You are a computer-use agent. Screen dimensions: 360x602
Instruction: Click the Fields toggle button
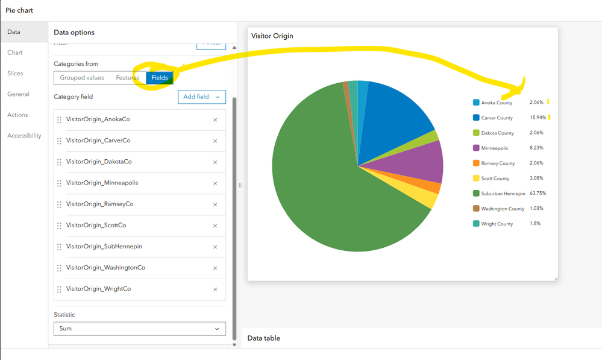click(160, 78)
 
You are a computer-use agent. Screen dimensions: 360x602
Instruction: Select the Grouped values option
click(82, 78)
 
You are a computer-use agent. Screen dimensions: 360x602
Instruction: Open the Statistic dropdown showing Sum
click(140, 329)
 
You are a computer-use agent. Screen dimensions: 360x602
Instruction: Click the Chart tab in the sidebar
click(15, 52)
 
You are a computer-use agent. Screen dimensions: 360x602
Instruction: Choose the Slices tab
click(15, 74)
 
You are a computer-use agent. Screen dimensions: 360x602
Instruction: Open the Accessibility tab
click(24, 136)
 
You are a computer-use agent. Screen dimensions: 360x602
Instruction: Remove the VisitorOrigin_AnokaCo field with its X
click(215, 120)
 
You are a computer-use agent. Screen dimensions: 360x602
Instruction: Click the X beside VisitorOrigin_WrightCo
click(215, 289)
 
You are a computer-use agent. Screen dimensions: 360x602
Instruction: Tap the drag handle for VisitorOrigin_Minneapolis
click(59, 183)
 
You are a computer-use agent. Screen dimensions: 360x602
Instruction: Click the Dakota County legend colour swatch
click(476, 133)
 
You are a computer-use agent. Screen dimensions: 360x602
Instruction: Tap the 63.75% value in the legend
click(538, 194)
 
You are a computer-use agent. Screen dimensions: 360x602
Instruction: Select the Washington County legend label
click(503, 209)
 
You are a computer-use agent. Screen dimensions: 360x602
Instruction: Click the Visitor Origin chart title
click(272, 36)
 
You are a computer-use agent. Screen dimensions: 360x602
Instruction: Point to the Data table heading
click(263, 338)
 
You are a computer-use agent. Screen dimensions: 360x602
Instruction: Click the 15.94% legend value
click(538, 118)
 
